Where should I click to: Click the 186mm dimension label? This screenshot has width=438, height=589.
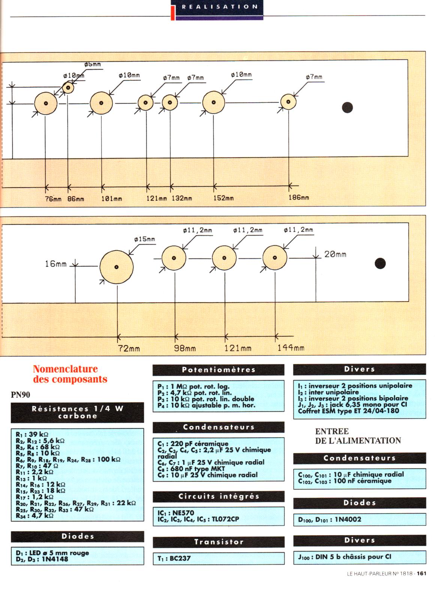(x=298, y=198)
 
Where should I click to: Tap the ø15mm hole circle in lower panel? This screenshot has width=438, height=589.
(x=116, y=267)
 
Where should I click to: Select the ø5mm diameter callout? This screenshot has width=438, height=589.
(x=92, y=65)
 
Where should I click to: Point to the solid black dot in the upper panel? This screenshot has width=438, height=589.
(x=348, y=107)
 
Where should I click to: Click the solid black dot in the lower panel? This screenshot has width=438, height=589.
(x=380, y=263)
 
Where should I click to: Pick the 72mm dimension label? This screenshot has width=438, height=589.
(x=129, y=349)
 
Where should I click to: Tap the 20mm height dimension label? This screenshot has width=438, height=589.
(x=335, y=255)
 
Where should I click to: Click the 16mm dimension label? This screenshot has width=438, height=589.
(x=55, y=264)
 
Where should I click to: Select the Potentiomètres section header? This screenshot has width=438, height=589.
(x=218, y=370)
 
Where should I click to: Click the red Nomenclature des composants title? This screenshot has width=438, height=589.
(x=70, y=374)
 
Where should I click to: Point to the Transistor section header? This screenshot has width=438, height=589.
(x=218, y=542)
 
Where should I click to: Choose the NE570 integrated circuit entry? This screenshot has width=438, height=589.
(x=183, y=513)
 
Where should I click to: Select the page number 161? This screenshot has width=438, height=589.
(x=421, y=574)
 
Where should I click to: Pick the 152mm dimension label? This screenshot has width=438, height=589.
(x=223, y=198)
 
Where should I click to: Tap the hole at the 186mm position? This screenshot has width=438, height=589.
(x=288, y=102)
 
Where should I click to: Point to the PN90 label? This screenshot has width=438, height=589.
(x=21, y=395)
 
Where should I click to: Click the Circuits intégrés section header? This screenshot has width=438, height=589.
(x=218, y=497)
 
